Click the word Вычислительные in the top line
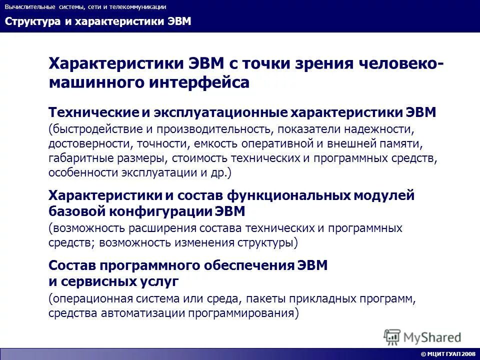click(26, 7)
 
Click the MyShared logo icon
click(392, 336)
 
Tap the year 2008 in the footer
click(469, 354)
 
